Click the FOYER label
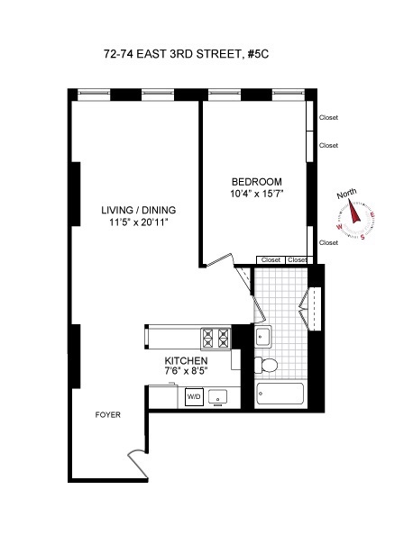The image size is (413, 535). tap(108, 415)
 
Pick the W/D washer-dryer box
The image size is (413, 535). tap(194, 396)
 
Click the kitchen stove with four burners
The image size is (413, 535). tap(216, 337)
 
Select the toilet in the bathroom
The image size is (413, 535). tap(268, 365)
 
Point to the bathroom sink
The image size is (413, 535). tap(263, 338)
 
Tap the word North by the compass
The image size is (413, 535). tap(347, 195)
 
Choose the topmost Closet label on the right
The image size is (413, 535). tap(329, 116)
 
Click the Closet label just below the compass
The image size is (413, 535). tap(329, 242)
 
